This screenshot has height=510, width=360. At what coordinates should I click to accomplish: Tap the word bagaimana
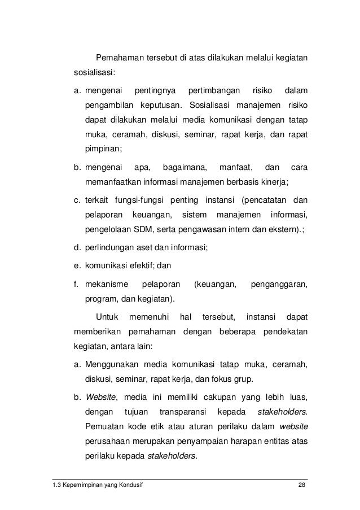pyautogui.click(x=184, y=168)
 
